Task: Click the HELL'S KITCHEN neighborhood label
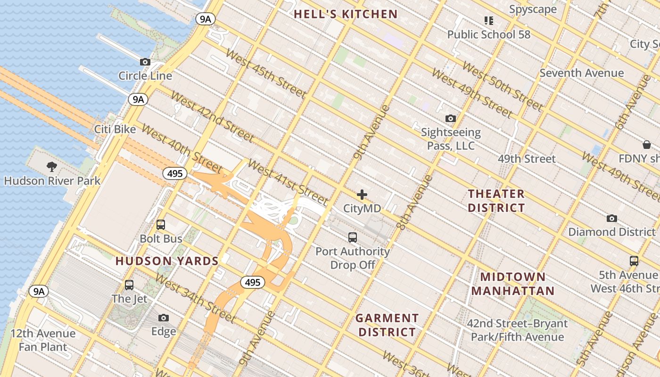(346, 14)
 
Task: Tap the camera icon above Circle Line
(145, 62)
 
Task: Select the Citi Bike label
(115, 129)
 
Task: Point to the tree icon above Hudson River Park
(52, 166)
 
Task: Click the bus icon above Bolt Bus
(161, 225)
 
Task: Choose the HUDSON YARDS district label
(167, 261)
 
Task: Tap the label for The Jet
(129, 299)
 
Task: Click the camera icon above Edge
(164, 318)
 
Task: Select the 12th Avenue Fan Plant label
(43, 340)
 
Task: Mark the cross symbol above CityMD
(362, 195)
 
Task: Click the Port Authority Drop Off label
(353, 258)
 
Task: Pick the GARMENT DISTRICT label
(387, 325)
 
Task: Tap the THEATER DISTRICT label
(496, 201)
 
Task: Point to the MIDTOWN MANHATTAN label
(513, 284)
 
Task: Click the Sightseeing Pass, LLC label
(451, 139)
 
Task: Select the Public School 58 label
(488, 34)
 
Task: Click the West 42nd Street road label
(212, 117)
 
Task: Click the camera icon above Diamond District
(612, 218)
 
